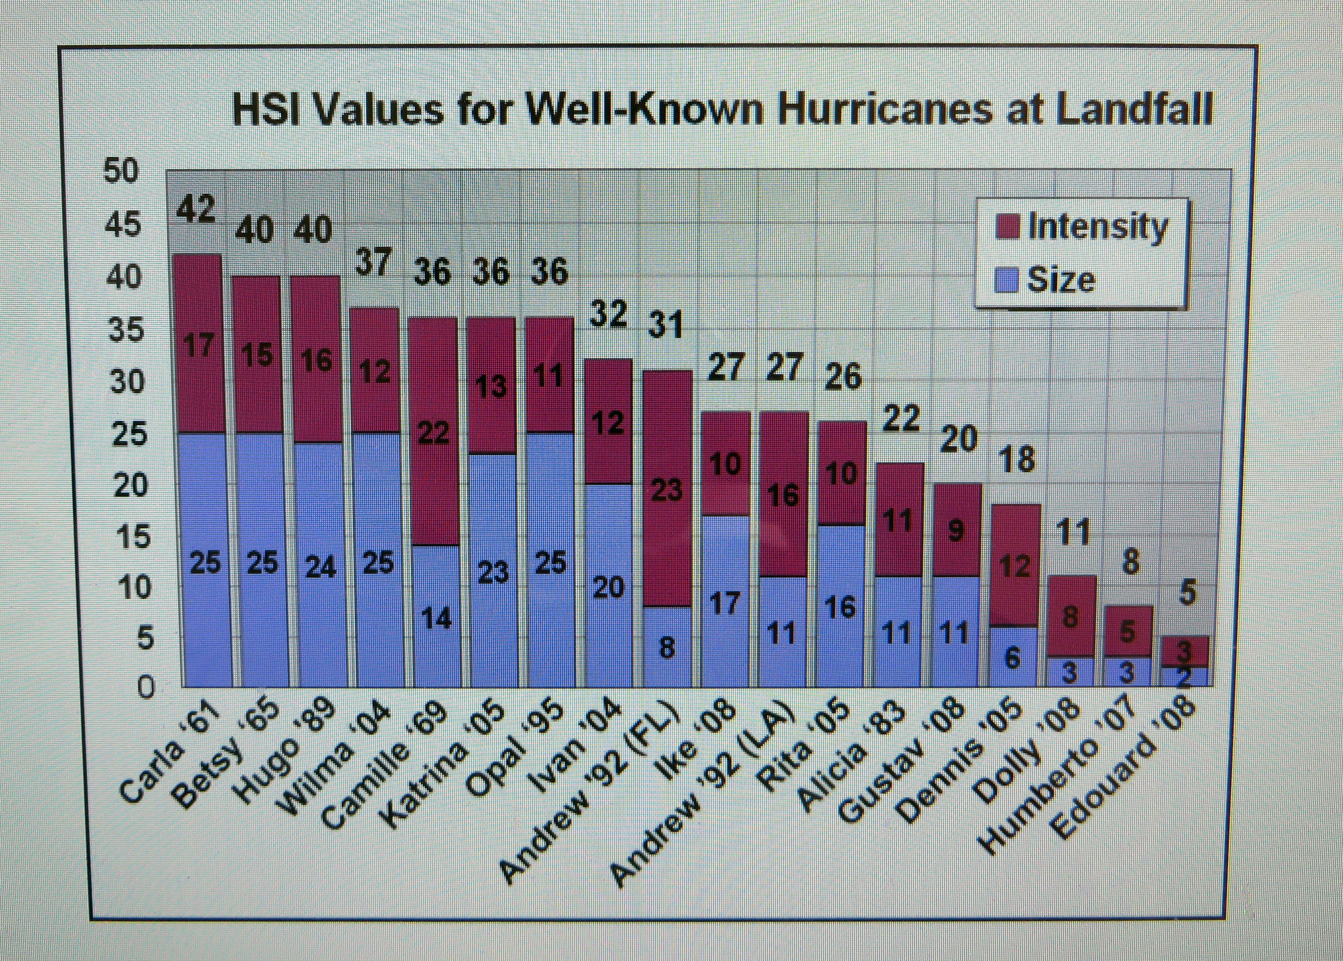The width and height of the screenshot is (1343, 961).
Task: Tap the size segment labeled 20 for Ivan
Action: [x=609, y=586]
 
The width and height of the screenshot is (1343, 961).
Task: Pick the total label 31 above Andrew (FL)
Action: [x=665, y=326]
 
